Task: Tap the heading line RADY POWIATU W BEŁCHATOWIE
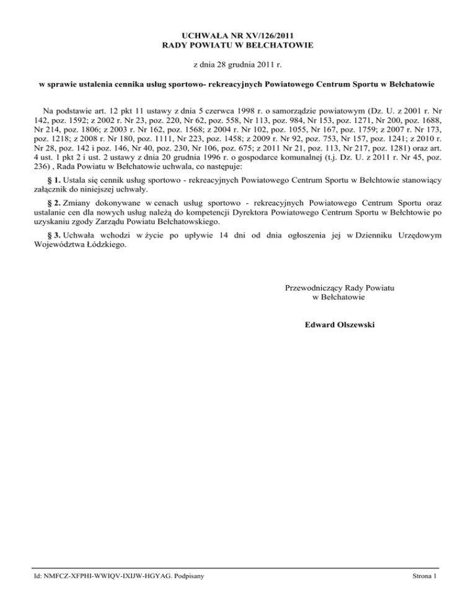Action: (x=237, y=45)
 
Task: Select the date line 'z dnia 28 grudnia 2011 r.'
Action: (x=237, y=64)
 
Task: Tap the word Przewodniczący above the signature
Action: (x=312, y=288)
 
